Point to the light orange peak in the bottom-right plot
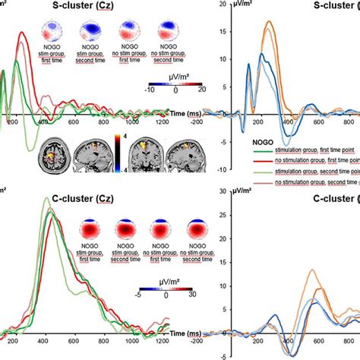(311, 270)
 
